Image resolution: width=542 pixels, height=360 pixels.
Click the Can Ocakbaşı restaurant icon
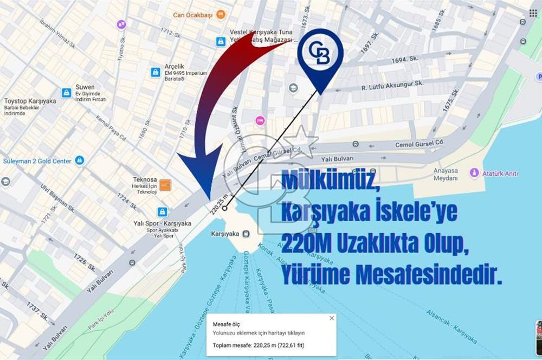point(221,15)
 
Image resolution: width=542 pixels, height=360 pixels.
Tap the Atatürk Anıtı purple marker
point(474,173)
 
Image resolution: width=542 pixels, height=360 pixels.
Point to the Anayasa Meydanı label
point(446,173)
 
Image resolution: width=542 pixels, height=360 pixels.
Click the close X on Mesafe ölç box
point(332,318)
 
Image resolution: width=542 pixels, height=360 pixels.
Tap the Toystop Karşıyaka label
point(30,101)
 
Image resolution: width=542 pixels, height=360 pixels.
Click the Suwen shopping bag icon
point(66,93)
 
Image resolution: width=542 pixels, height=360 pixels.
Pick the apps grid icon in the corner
point(533,13)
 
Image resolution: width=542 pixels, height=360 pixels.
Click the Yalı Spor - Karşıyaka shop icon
point(162,211)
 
